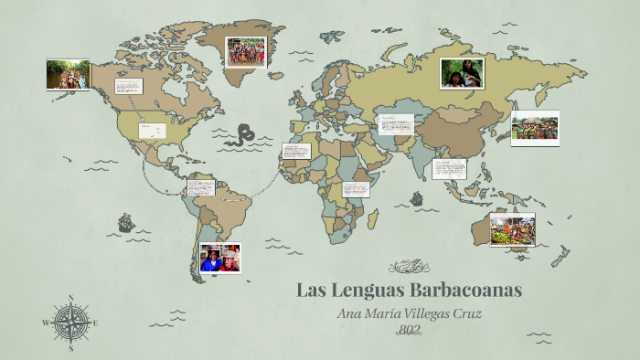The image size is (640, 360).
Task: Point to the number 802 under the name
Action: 409,329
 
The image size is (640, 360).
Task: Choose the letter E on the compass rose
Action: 95,323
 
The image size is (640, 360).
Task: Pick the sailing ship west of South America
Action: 125,222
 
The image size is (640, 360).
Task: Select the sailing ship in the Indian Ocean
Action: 416,197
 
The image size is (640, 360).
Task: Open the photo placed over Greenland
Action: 245,51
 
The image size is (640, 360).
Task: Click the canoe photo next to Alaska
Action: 68,74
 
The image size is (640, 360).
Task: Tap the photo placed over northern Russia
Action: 462,73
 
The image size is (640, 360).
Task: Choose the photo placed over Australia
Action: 512,228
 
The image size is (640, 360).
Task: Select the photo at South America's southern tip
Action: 220,259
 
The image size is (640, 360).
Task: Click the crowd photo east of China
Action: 534,128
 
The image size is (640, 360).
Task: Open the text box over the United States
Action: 151,131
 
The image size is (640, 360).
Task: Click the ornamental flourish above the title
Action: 408,267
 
